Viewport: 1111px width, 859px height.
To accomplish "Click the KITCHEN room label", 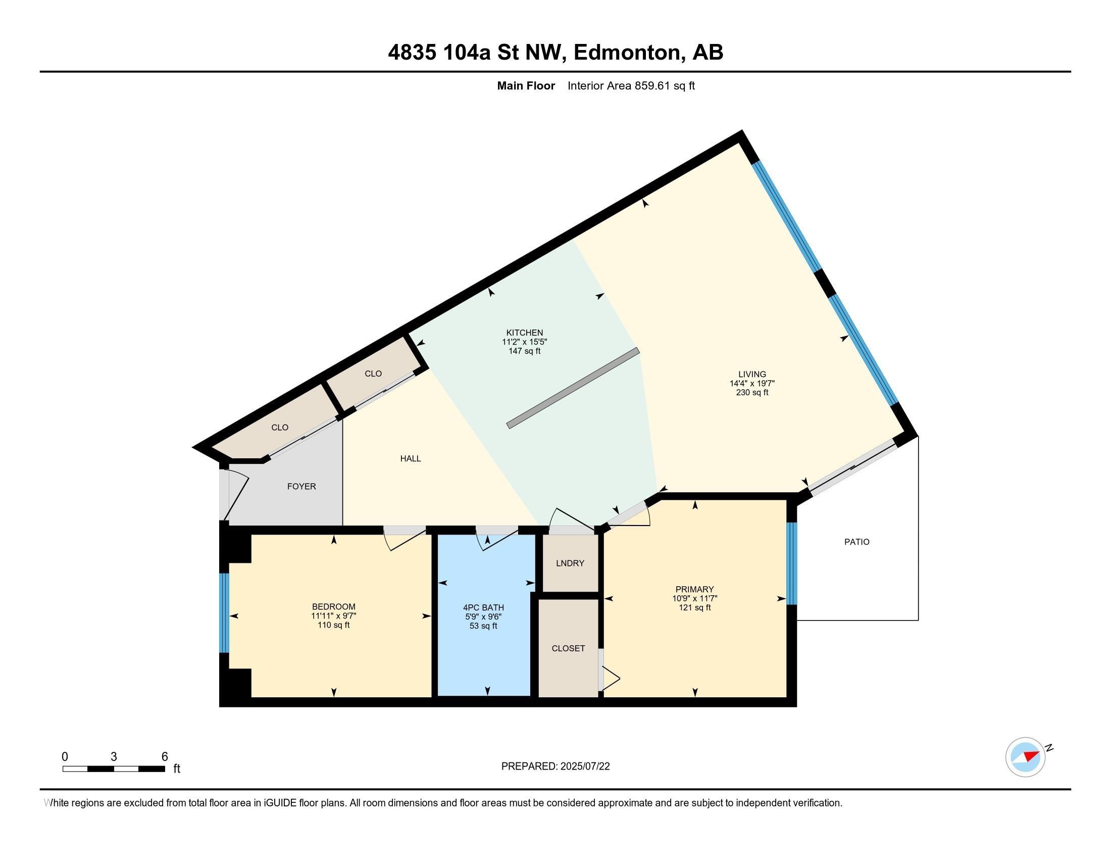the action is pos(525,333).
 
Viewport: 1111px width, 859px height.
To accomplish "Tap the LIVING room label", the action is pos(752,374).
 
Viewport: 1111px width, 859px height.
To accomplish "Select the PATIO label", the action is pos(856,542).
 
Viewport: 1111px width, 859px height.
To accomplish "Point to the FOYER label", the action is pos(301,487).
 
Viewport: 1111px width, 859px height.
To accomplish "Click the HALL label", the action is pos(411,458).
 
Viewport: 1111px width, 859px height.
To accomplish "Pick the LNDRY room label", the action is pos(570,563).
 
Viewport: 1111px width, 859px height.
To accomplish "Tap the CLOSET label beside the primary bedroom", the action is pos(568,648).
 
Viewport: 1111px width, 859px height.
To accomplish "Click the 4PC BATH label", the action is pos(483,607).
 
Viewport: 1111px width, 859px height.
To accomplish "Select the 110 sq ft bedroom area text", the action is pos(334,625).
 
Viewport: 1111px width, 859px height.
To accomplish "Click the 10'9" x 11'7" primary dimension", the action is pos(695,598).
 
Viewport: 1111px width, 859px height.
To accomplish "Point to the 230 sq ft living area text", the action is pos(752,392).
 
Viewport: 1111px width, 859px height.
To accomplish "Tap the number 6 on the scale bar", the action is pos(164,757).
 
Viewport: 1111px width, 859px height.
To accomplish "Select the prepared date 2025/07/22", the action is pos(584,767).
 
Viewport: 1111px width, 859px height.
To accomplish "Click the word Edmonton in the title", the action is pos(628,53).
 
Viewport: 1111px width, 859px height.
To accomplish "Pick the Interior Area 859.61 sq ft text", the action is pos(631,85).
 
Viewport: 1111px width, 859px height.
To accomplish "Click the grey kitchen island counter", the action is pos(573,388).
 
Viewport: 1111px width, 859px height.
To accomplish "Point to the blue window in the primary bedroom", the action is pos(791,563).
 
